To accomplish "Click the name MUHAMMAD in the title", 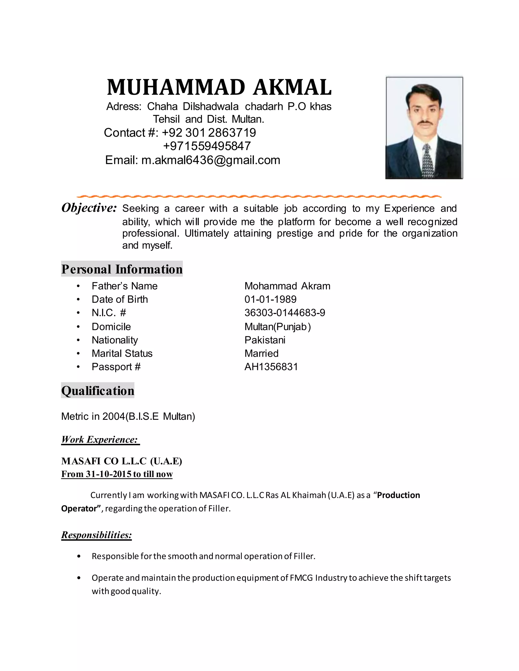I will click(x=176, y=87).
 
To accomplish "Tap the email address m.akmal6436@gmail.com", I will click(x=211, y=160).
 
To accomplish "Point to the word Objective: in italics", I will click(x=89, y=208).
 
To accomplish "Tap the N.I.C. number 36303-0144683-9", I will click(x=284, y=313).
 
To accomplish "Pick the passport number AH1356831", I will click(x=271, y=367).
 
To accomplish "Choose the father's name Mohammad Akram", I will click(x=287, y=286).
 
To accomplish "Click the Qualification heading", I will click(x=98, y=390).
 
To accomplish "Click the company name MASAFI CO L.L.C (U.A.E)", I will click(x=121, y=461).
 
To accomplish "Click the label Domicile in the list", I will click(x=111, y=327).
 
